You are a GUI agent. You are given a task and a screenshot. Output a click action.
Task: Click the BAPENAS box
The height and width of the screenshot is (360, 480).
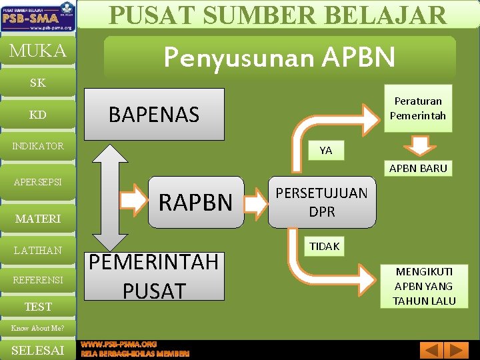click(x=154, y=114)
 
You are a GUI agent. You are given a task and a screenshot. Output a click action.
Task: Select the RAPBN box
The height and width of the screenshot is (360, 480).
click(x=195, y=202)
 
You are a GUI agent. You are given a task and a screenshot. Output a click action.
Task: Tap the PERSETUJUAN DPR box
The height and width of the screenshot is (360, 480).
click(x=321, y=202)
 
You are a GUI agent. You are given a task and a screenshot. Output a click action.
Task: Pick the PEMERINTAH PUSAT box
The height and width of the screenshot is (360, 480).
click(x=154, y=276)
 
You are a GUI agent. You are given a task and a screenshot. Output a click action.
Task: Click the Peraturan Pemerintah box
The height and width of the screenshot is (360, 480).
click(x=418, y=109)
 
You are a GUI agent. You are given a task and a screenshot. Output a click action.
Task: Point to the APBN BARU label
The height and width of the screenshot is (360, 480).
click(x=418, y=168)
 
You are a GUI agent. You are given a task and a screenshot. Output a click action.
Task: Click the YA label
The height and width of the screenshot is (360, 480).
click(x=325, y=151)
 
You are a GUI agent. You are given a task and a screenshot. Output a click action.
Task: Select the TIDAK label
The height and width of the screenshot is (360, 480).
click(x=324, y=246)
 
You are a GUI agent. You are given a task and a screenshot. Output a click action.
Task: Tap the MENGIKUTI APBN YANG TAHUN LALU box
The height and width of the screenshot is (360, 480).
click(x=423, y=286)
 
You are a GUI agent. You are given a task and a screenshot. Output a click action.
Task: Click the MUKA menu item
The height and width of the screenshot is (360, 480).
click(x=37, y=51)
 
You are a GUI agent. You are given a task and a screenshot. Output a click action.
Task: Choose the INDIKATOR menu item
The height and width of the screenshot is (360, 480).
click(x=37, y=146)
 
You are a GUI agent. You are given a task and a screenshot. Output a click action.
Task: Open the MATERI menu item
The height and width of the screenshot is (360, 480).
click(x=37, y=219)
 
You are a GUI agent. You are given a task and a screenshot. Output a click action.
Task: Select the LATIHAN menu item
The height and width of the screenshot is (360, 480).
click(x=37, y=251)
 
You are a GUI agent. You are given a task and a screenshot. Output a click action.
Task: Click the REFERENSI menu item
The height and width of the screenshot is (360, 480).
click(x=37, y=279)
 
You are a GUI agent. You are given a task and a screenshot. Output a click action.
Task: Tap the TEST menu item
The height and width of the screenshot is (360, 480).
click(x=37, y=307)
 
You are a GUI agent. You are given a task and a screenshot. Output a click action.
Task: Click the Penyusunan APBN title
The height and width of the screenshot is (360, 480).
click(x=279, y=58)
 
